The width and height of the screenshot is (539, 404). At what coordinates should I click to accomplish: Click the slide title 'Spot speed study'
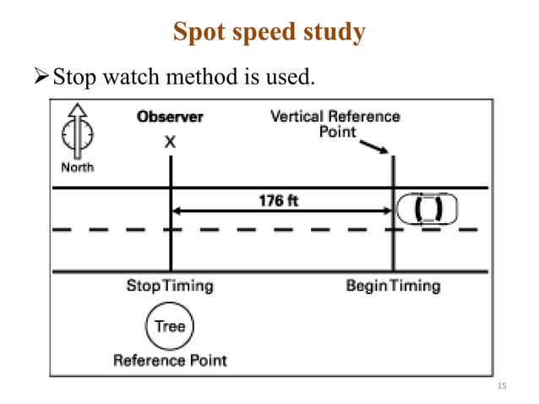coord(269,32)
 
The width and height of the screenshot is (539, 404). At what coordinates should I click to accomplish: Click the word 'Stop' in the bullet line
coord(72,79)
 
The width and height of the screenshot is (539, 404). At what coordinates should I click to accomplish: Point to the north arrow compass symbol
coord(77,131)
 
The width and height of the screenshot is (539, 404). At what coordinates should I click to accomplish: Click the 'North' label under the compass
coord(77,167)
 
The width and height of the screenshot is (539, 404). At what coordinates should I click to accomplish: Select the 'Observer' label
coord(170,117)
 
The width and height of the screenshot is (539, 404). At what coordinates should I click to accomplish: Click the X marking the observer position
coord(170,143)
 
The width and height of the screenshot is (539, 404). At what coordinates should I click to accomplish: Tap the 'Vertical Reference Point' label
coord(335,123)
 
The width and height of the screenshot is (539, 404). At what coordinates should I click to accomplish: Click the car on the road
coord(427,208)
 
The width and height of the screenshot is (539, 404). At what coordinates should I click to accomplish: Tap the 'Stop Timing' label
coord(170,286)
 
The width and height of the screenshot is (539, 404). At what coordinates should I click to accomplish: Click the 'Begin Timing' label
coord(393,286)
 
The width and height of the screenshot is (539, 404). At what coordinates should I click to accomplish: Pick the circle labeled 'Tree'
coord(170,326)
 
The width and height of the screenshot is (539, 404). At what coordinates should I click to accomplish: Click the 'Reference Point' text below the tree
coord(170,360)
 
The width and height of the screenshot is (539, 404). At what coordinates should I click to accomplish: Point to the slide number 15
coord(502,386)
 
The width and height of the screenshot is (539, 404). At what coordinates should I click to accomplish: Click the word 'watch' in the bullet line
coord(124,79)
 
